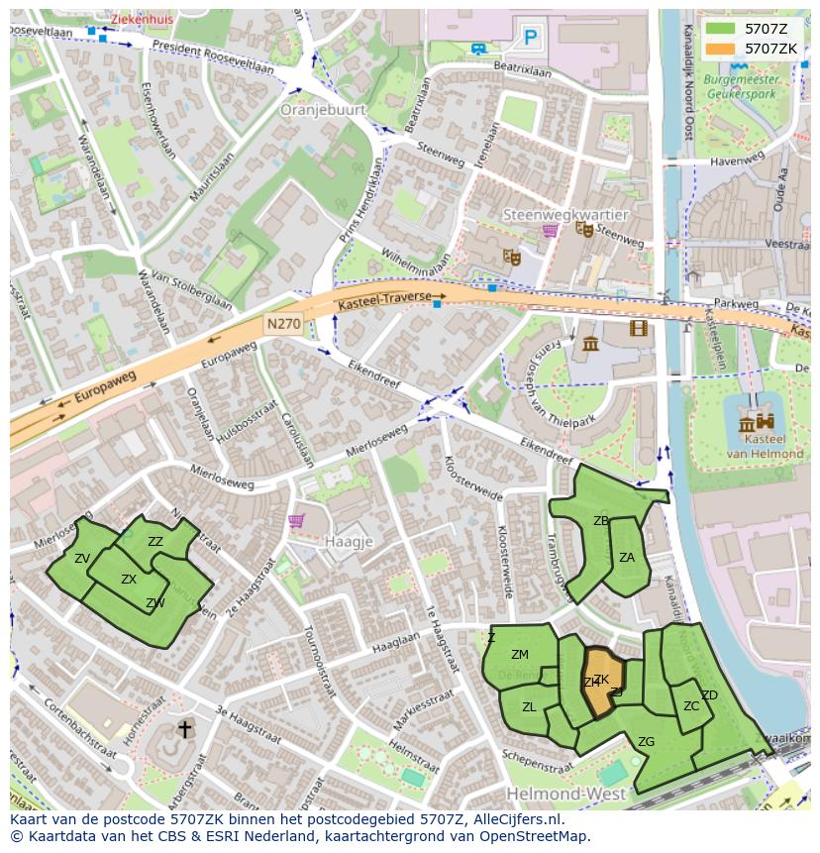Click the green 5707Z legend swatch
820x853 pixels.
click(x=720, y=29)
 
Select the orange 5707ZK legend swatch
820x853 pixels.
click(x=720, y=49)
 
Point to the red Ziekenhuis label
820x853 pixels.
click(x=141, y=19)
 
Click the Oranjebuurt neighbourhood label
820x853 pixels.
click(x=323, y=110)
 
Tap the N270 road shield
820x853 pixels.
click(x=282, y=324)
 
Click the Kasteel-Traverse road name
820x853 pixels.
click(x=385, y=297)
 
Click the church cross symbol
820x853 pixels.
click(x=184, y=730)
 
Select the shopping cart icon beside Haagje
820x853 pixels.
click(x=295, y=520)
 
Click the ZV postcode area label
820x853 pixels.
click(x=82, y=559)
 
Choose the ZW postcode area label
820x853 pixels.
click(x=155, y=603)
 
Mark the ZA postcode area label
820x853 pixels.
click(x=626, y=558)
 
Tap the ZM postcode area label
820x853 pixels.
click(x=520, y=654)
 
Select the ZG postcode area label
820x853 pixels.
click(x=646, y=741)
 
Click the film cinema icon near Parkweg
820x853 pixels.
click(x=638, y=328)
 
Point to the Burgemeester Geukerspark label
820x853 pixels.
click(x=748, y=86)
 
